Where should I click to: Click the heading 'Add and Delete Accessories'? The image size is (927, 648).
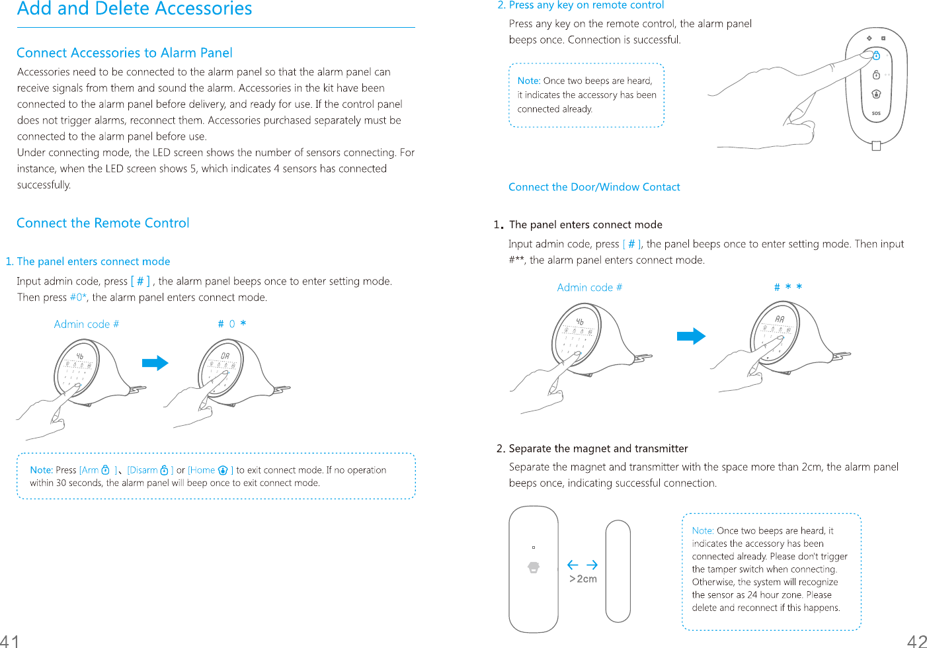pyautogui.click(x=134, y=9)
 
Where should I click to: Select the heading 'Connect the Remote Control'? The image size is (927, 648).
pyautogui.click(x=103, y=223)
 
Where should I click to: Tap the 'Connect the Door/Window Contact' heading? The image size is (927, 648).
pyautogui.click(x=594, y=187)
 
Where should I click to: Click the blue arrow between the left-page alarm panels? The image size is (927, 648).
pyautogui.click(x=155, y=363)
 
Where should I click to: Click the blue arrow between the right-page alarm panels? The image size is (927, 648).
pyautogui.click(x=691, y=336)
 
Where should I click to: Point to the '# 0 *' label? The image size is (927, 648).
pyautogui.click(x=232, y=324)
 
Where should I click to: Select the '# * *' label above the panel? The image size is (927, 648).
pyautogui.click(x=788, y=287)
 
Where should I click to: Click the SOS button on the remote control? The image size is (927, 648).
pyautogui.click(x=876, y=113)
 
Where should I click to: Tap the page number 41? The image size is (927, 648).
pyautogui.click(x=10, y=640)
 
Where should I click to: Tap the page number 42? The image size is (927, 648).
pyautogui.click(x=917, y=640)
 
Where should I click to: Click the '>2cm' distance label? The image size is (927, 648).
pyautogui.click(x=583, y=579)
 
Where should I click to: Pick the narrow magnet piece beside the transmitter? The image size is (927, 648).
pyautogui.click(x=618, y=571)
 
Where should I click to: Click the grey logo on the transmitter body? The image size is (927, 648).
pyautogui.click(x=534, y=567)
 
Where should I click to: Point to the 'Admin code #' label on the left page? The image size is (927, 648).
pyautogui.click(x=87, y=324)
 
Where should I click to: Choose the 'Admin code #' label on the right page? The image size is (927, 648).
pyautogui.click(x=589, y=287)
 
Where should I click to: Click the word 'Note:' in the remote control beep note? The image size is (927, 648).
pyautogui.click(x=529, y=81)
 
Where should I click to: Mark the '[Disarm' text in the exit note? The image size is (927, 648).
pyautogui.click(x=143, y=470)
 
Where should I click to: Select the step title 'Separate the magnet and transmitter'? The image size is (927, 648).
pyautogui.click(x=598, y=448)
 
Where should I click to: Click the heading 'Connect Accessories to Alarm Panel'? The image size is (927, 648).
pyautogui.click(x=124, y=53)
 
